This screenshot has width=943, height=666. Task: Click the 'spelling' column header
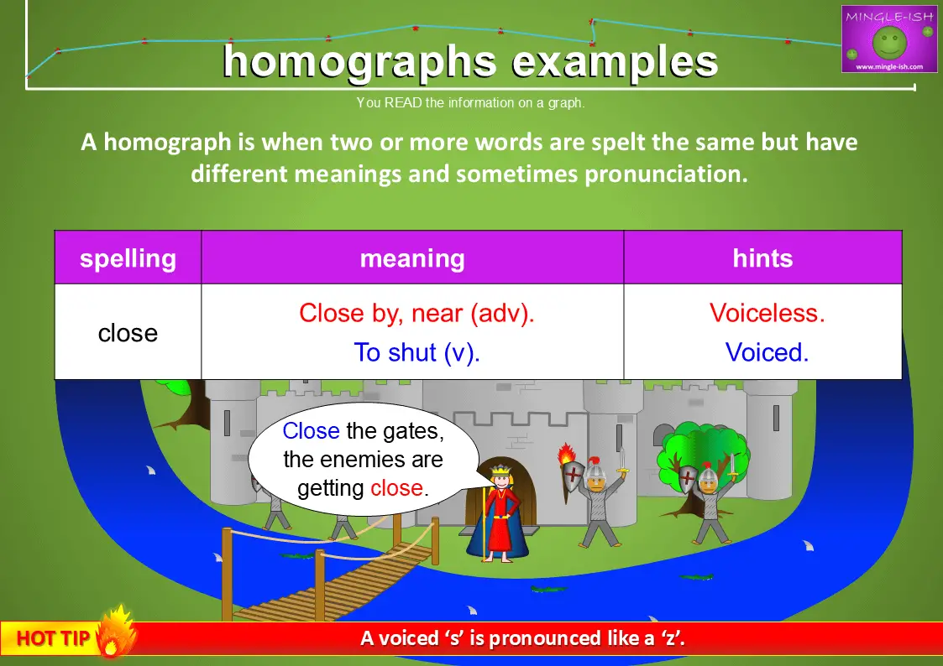(x=128, y=258)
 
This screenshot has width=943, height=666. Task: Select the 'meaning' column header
(x=412, y=258)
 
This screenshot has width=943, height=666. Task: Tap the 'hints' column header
(x=762, y=258)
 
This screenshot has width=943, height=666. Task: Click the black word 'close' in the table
(x=128, y=333)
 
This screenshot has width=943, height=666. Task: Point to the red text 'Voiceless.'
(x=767, y=313)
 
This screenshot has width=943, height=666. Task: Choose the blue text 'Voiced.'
(x=767, y=352)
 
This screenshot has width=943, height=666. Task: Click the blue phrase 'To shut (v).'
(x=416, y=352)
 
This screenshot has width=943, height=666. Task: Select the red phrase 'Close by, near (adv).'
(x=416, y=313)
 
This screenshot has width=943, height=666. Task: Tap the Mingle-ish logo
(x=889, y=39)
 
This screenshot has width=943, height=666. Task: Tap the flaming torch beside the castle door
(x=568, y=456)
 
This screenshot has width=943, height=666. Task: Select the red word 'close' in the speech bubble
(x=396, y=487)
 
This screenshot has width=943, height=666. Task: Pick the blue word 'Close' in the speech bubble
(x=311, y=431)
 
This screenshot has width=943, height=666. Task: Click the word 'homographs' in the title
(x=358, y=61)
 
